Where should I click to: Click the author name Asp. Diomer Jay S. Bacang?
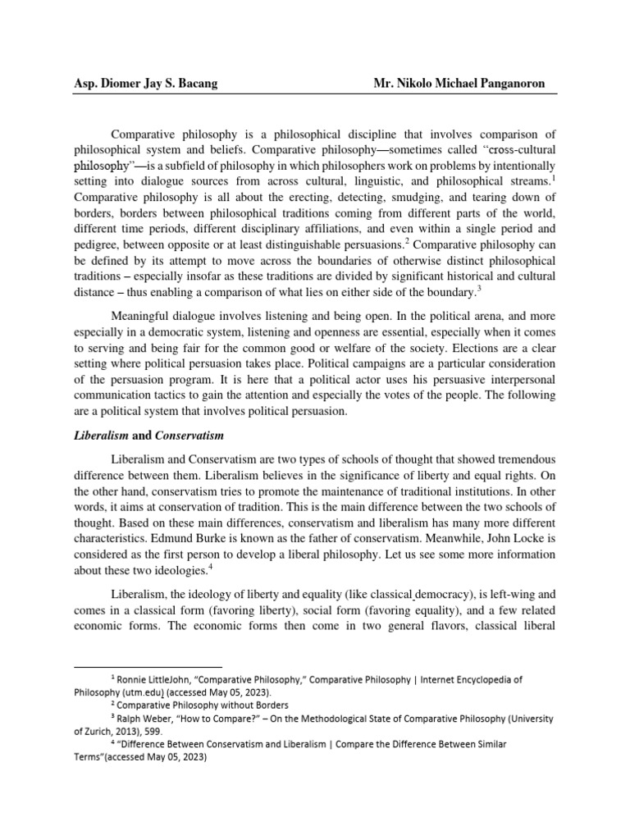click(148, 84)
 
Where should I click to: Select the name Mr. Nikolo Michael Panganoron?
click(463, 84)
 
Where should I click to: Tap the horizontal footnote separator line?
click(148, 667)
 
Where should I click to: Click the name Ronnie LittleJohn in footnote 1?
click(150, 680)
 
